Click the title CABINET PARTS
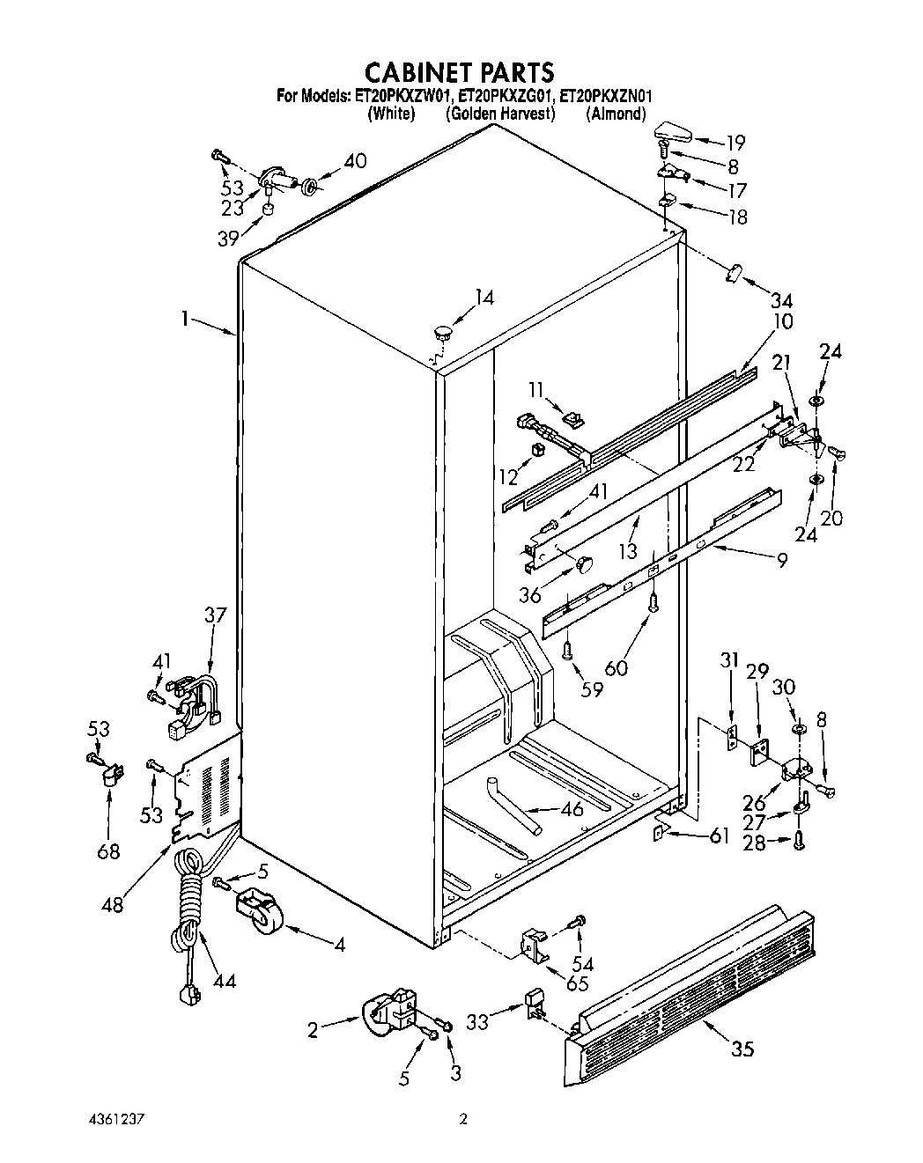click(459, 70)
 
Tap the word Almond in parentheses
click(617, 114)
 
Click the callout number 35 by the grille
click(742, 1048)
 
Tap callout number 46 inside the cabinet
click(572, 808)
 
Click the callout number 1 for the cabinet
click(185, 320)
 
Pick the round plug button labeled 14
click(442, 332)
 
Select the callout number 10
click(782, 321)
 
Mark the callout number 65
click(577, 983)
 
